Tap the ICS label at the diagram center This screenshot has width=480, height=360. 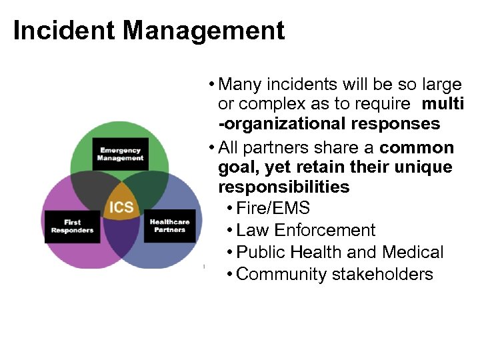tap(121, 207)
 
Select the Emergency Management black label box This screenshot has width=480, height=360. tap(121, 155)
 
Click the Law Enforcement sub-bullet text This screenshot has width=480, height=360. tap(306, 230)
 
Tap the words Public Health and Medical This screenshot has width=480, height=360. tap(340, 252)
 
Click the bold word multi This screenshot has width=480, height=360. tap(443, 104)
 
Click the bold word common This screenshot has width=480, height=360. tap(417, 147)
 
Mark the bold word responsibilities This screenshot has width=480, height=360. tap(284, 187)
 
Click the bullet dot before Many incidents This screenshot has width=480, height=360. tap(211, 85)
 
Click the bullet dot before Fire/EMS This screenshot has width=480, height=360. tap(229, 209)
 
